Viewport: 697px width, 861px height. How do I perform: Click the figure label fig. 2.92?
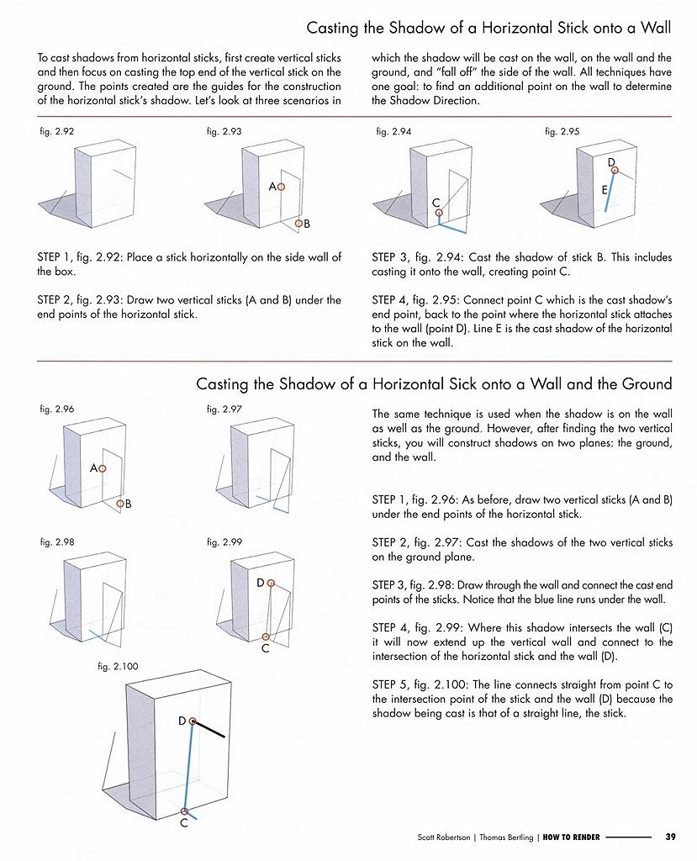coord(55,132)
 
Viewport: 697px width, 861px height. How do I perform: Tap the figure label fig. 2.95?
coord(562,132)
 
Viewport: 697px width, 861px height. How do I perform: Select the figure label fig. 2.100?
coord(118,666)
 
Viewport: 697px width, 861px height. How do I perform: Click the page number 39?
coord(670,837)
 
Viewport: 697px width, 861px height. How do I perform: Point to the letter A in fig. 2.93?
coord(272,187)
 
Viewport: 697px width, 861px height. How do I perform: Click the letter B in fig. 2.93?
coord(307,224)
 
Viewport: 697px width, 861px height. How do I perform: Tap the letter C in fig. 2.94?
coord(436,203)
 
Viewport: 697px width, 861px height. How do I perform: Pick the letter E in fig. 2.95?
coord(605,191)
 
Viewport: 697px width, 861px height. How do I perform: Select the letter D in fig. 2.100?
coord(182,721)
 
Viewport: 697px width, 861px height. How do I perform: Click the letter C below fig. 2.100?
coord(184,823)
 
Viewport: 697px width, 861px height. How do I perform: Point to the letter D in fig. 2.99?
coord(261,582)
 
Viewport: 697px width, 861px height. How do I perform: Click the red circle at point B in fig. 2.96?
coord(120,504)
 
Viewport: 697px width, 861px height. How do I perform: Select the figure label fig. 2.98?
coord(57,542)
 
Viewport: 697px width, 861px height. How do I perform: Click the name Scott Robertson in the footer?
coord(446,837)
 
